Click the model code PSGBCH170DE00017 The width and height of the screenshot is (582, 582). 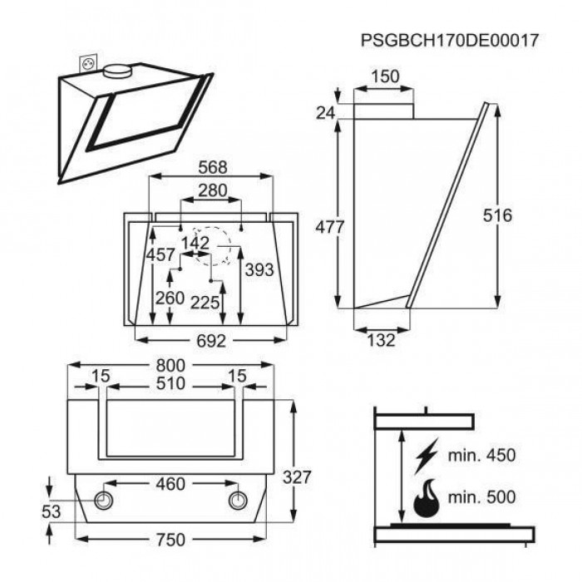450,40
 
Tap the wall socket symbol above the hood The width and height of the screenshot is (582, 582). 89,64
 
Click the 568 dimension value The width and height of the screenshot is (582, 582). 213,167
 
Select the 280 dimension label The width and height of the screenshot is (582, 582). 212,190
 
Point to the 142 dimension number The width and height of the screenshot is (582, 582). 195,243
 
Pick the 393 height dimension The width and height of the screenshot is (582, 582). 259,270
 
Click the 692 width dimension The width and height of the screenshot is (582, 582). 211,341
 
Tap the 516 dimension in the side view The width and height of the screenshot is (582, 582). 497,215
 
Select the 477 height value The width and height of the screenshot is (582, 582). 329,227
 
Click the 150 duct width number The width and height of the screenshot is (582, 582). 385,76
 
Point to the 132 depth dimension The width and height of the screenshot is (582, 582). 381,340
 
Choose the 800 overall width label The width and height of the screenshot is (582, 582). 170,366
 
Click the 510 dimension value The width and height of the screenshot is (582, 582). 170,383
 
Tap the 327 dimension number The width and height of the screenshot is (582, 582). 297,477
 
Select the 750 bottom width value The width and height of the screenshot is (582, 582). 170,540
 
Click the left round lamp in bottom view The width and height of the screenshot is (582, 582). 104,501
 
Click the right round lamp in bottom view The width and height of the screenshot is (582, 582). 238,501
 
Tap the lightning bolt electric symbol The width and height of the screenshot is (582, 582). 427,456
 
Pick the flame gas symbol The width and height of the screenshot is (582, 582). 427,498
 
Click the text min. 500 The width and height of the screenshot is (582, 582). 481,497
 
